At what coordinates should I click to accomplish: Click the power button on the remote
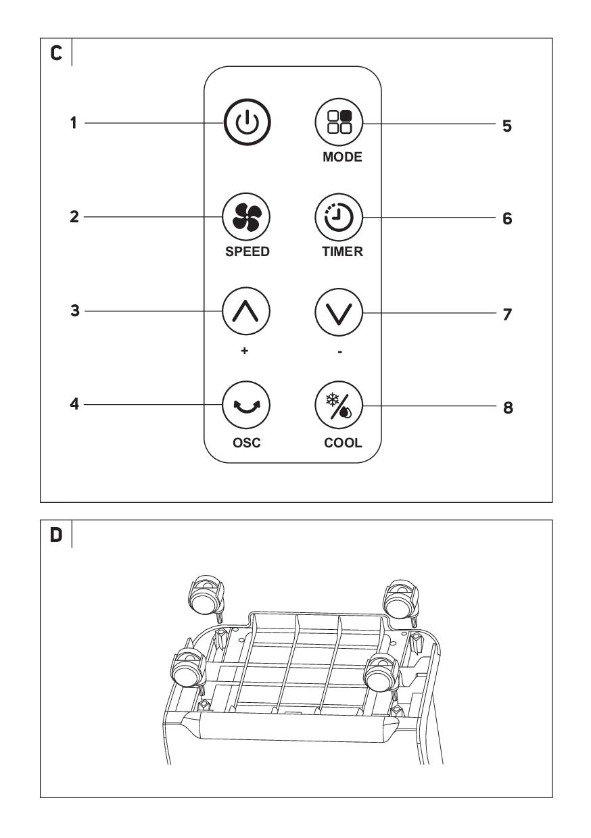247,122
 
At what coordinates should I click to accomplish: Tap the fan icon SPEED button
246,217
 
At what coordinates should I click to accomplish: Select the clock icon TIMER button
339,217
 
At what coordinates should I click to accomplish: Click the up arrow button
246,311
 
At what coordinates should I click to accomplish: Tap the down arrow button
339,312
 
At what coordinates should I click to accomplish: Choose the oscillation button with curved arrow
246,405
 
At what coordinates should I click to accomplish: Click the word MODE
342,157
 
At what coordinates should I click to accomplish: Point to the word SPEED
247,251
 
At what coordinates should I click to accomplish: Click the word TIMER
342,251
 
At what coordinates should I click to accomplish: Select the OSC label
247,443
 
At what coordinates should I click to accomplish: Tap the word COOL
343,443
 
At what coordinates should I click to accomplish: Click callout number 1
74,123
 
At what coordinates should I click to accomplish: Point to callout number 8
508,408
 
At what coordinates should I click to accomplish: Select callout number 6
507,218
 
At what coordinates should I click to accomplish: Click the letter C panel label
56,53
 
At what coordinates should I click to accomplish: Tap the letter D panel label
56,535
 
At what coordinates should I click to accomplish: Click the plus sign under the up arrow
244,351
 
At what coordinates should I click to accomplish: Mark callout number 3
75,310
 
